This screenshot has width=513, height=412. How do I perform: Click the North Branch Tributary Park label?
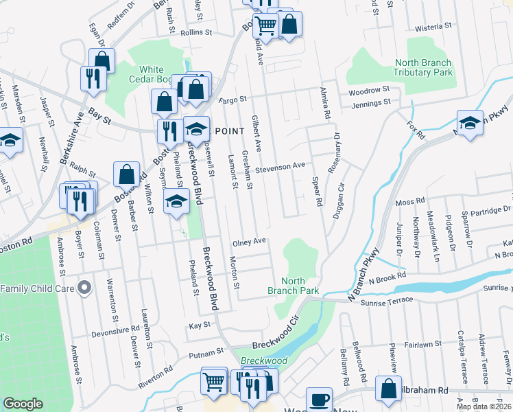pos(423,67)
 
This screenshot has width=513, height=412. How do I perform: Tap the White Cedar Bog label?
pos(152,74)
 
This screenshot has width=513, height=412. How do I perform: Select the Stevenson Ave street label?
pos(280,166)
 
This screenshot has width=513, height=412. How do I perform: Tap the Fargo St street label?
pos(233,100)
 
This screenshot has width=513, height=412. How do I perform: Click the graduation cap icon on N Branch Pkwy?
pos(470,124)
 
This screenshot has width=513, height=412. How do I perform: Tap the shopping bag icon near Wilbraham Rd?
pos(389,389)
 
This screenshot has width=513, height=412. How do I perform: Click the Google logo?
pos(23,404)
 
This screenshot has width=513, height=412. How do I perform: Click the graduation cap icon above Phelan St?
pos(176,201)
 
